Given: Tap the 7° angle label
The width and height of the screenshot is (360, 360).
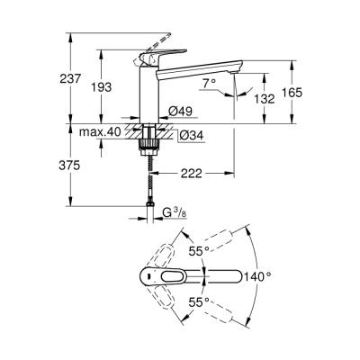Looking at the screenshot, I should tap(209, 84).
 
